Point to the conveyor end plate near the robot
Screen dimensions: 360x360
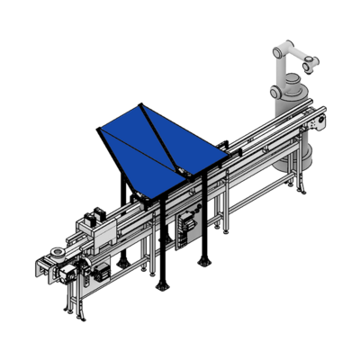[317, 119]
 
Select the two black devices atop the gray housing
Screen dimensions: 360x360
[92, 219]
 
